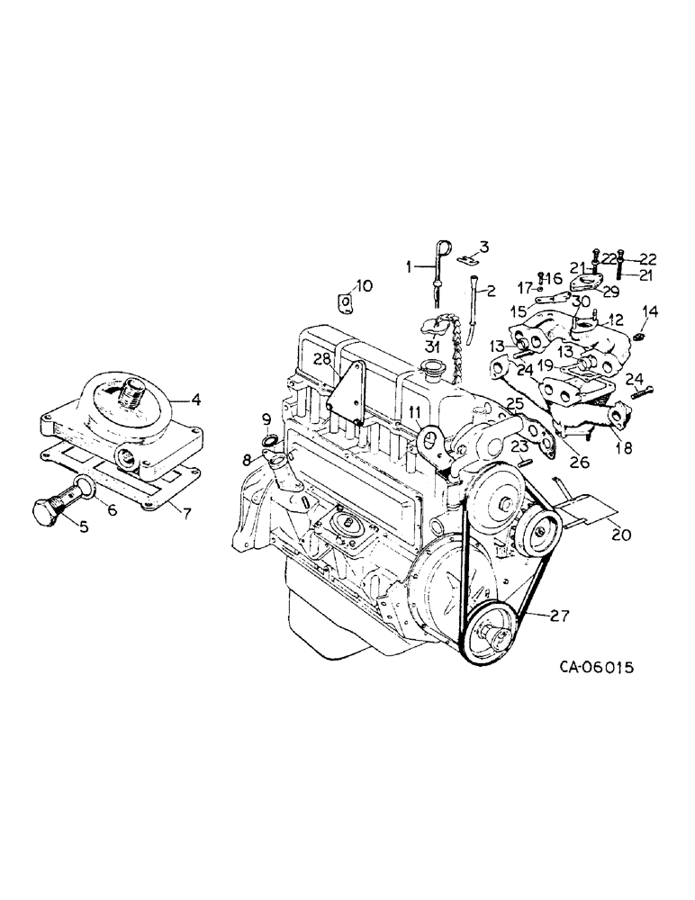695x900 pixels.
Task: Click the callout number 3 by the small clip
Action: [483, 247]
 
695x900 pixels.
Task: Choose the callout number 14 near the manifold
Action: [649, 311]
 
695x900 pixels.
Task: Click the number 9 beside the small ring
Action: [266, 418]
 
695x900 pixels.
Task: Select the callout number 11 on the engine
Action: [414, 412]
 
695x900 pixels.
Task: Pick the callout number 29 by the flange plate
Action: [610, 291]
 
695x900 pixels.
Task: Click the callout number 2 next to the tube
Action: [491, 290]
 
